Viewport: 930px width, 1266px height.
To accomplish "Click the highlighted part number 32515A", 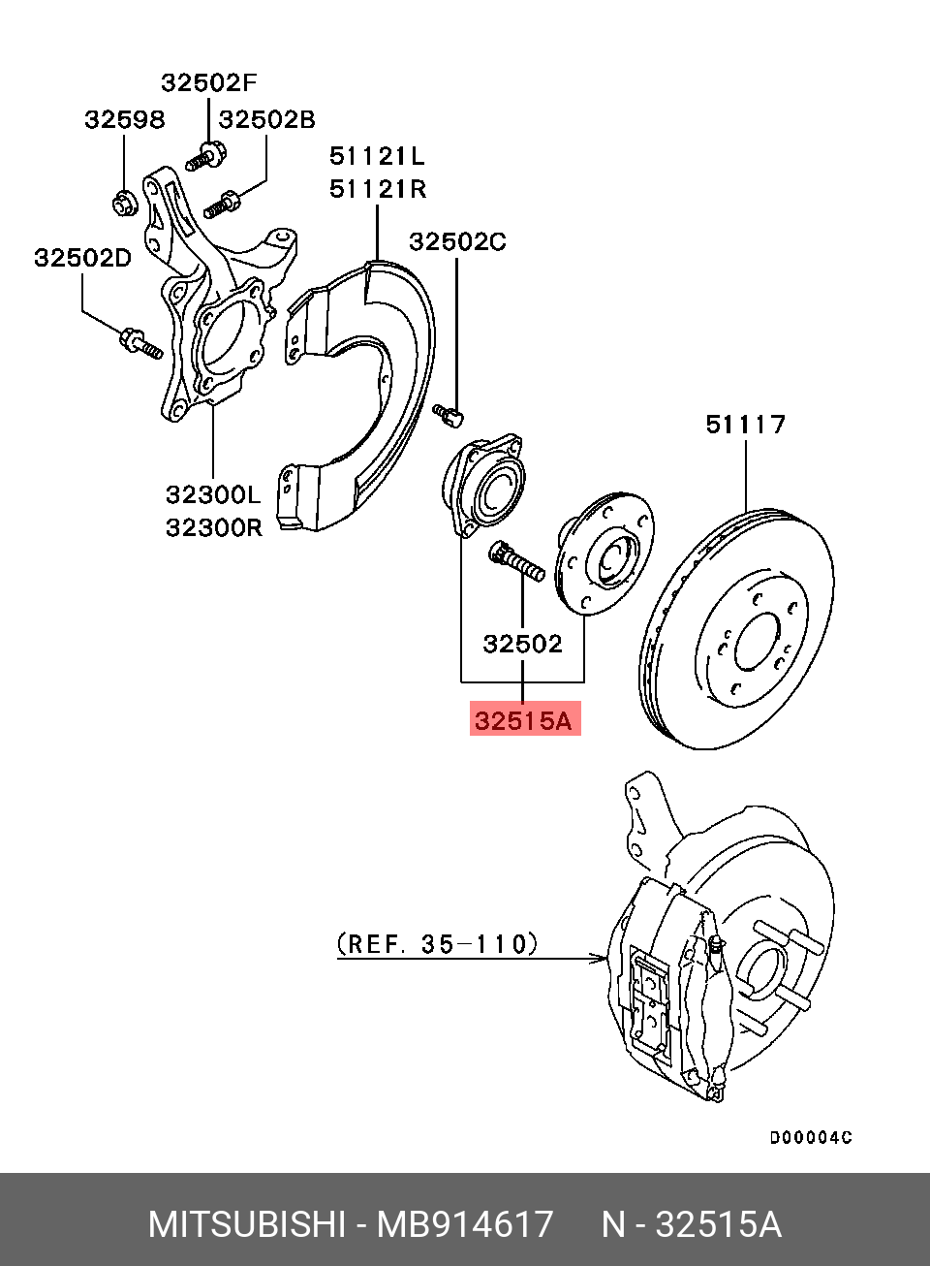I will coord(524,719).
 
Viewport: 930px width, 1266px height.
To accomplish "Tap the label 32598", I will coord(124,119).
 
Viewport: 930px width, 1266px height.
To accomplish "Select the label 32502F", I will coord(209,82).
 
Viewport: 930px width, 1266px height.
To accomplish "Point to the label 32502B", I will coord(266,119).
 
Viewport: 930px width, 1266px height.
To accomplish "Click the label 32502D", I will coord(82,258).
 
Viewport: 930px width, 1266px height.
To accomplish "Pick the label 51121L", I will coord(377,155).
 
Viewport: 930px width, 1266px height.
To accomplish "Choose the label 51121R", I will coord(377,189).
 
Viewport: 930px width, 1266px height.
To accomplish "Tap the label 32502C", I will coord(457,241).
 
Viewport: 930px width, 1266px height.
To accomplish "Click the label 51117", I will coord(745,424).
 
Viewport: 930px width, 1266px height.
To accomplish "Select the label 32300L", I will coord(213,494).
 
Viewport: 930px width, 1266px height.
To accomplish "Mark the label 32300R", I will coord(213,527).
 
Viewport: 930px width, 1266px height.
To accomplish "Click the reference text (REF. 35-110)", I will coord(438,943).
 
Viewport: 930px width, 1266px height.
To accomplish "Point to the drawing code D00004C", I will coord(811,1137).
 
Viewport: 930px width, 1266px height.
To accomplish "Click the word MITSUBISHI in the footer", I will coord(246,1224).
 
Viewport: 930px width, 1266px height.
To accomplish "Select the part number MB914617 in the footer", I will coord(465,1224).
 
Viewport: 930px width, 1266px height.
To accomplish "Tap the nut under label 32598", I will coord(123,204).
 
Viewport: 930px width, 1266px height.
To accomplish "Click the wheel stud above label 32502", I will coord(517,561).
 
